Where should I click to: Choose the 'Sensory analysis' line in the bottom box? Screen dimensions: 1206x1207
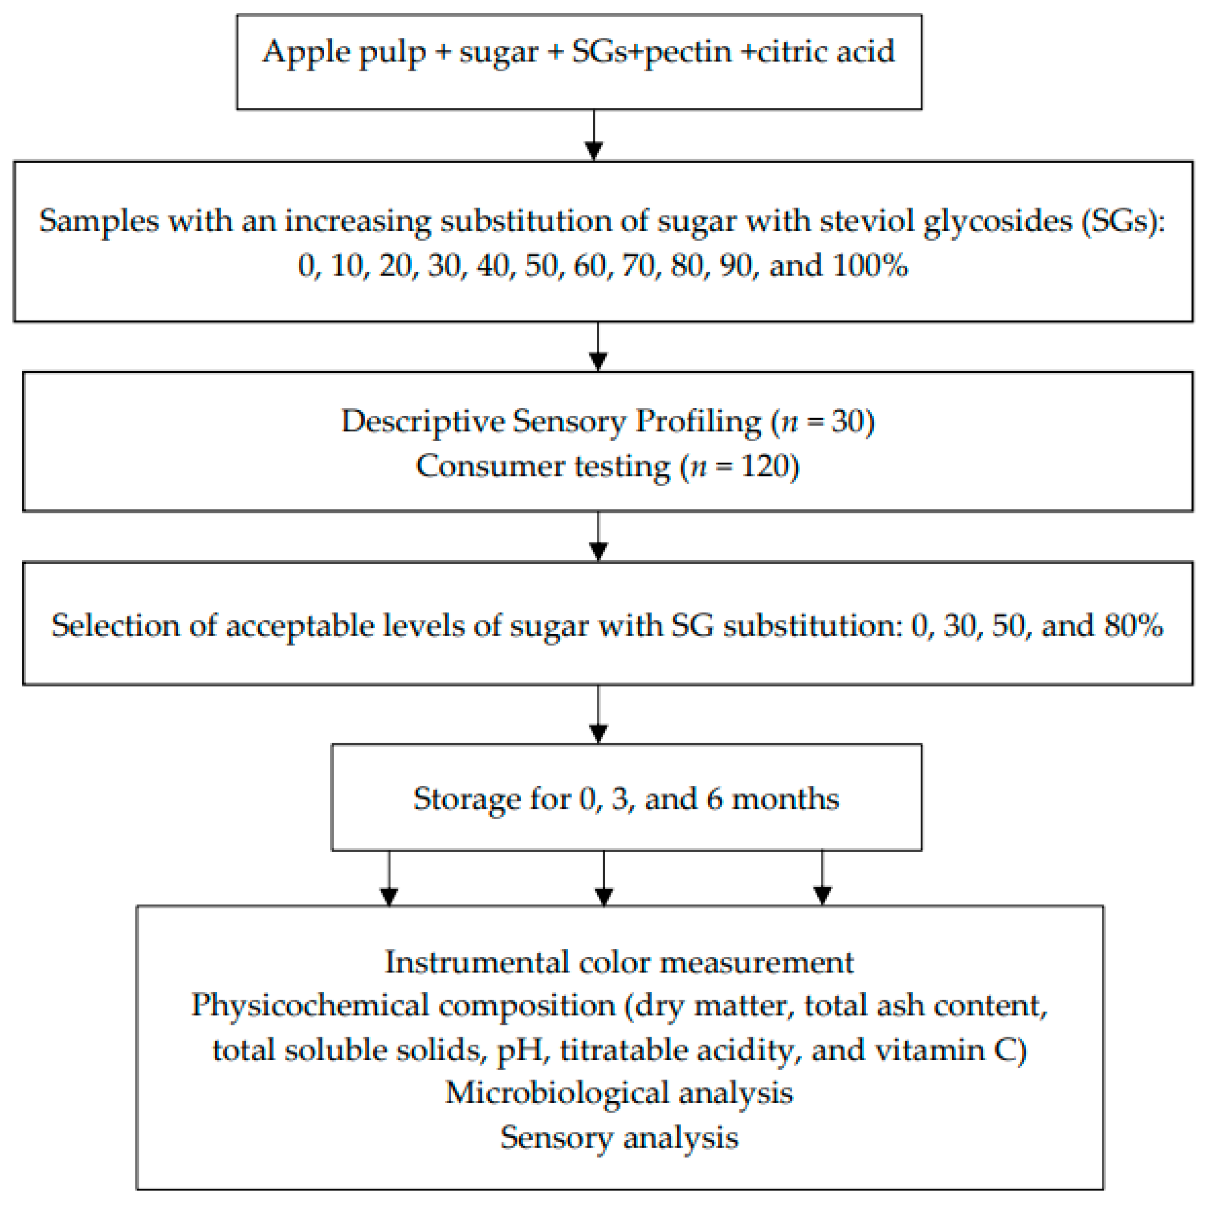tap(619, 1137)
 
